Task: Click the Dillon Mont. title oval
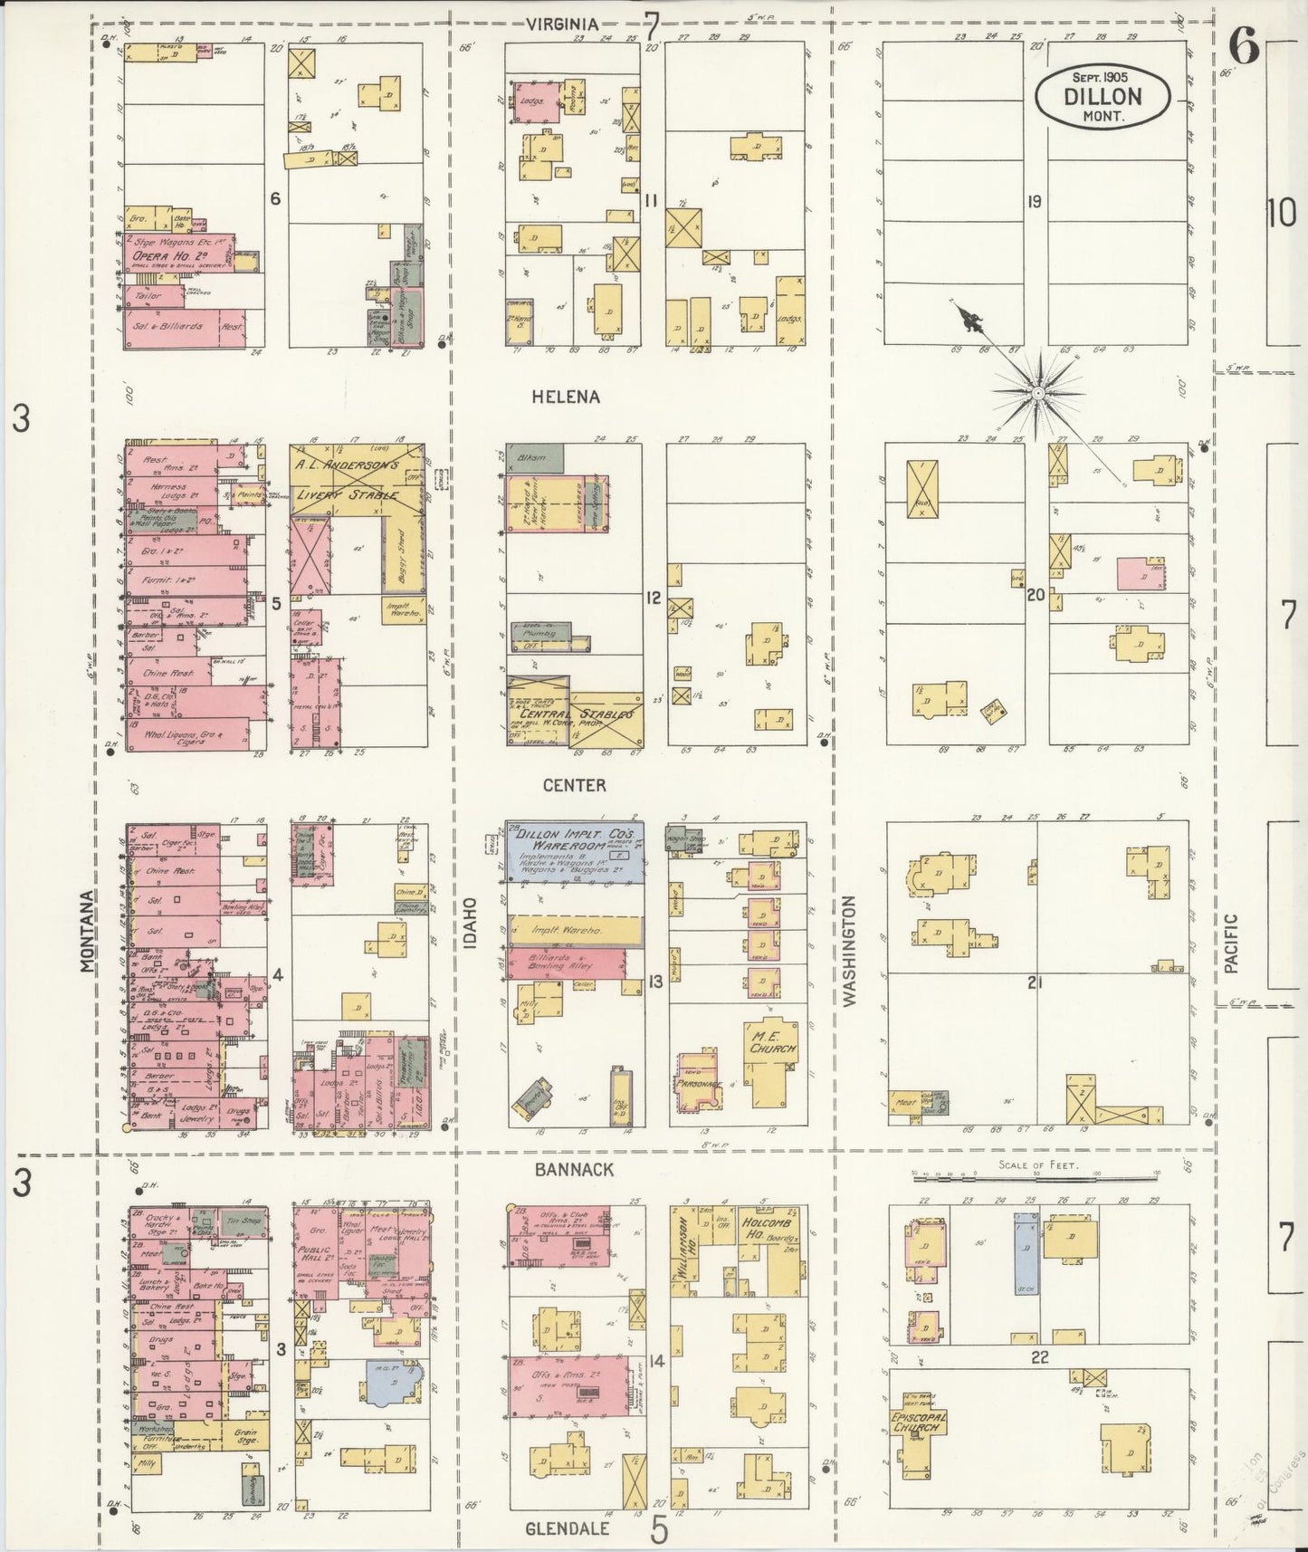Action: pos(1103,97)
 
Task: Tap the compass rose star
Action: pos(1037,394)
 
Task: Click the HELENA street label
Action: pos(567,397)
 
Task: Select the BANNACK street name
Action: pos(573,1169)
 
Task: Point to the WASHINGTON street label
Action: pos(849,951)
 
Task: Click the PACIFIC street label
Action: pos(1229,943)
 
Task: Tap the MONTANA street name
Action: pos(87,931)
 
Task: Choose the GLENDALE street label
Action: pos(567,1528)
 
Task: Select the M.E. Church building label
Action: pos(772,1041)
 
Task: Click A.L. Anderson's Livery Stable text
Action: pos(345,479)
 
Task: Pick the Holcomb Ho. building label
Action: pos(769,1227)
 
